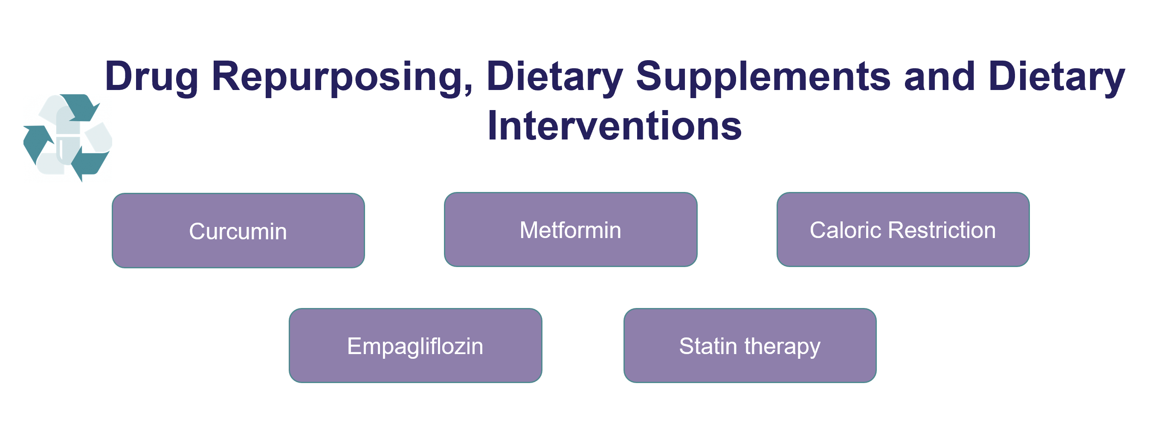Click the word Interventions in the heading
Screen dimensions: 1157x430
(x=615, y=126)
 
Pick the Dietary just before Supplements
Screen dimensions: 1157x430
(x=555, y=77)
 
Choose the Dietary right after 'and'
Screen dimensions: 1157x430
(x=1057, y=77)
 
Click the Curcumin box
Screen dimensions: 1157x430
(x=238, y=230)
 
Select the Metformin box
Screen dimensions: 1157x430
(x=571, y=230)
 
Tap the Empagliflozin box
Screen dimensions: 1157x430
(x=415, y=346)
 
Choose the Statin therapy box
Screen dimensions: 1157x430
(x=750, y=346)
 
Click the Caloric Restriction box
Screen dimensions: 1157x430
(x=903, y=230)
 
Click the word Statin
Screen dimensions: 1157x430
(x=708, y=346)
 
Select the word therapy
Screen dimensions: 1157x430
(x=783, y=348)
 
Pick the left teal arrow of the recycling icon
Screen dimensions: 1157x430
(x=38, y=144)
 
